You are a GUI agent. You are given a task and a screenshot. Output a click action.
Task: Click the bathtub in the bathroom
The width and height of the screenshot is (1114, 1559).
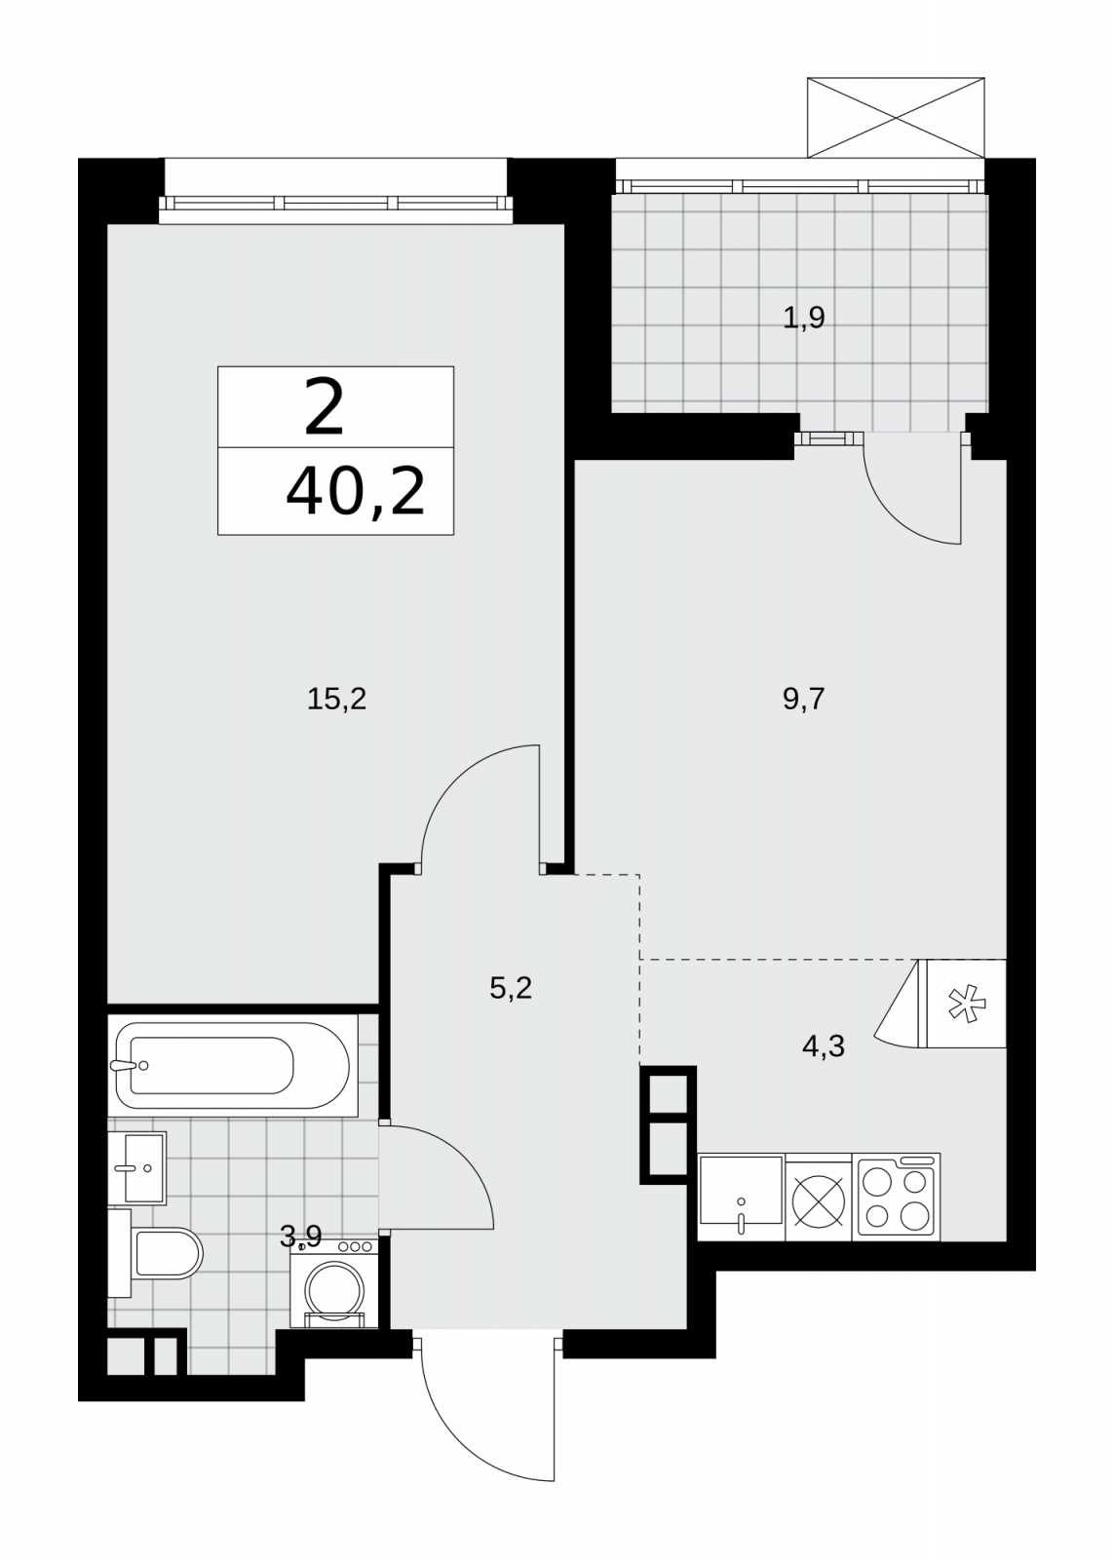click(233, 1065)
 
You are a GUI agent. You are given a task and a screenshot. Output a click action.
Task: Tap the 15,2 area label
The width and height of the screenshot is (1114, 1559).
click(336, 698)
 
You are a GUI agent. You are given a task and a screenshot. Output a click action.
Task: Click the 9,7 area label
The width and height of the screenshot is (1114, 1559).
click(803, 698)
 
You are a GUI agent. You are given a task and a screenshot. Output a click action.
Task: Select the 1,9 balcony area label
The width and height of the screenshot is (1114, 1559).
click(804, 318)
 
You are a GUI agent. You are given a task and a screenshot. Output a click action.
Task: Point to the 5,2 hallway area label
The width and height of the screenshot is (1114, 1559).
click(511, 988)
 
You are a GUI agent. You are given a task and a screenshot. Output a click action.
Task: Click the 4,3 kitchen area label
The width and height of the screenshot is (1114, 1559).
click(824, 1065)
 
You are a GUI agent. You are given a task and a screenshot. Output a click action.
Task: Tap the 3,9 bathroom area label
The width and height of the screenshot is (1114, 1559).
click(301, 1236)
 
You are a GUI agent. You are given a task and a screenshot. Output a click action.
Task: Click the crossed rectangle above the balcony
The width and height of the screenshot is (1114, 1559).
click(896, 117)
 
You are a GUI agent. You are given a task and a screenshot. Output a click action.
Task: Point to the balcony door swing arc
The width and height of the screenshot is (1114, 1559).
click(899, 513)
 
